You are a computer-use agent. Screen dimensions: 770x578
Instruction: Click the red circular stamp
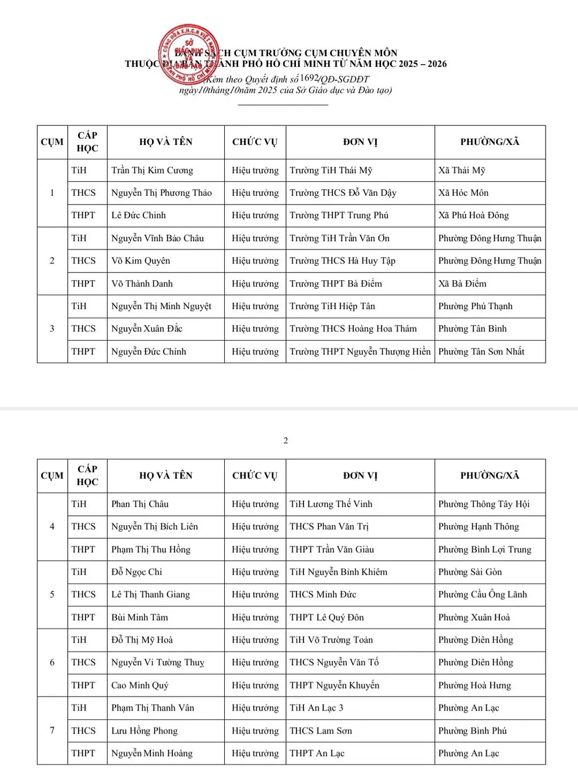(189, 55)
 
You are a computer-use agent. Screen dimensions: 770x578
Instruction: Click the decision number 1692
(309, 78)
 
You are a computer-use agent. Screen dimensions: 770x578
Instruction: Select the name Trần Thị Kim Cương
(152, 170)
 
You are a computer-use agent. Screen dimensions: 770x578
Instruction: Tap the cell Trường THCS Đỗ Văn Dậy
(343, 193)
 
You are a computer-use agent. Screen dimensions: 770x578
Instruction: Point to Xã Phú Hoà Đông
(473, 215)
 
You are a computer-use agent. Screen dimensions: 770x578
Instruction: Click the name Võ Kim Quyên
(140, 261)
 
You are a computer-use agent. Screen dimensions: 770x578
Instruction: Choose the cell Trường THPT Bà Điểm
(336, 284)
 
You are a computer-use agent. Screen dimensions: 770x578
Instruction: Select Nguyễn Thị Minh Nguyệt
(161, 306)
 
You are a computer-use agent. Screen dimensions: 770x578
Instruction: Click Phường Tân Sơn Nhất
(481, 352)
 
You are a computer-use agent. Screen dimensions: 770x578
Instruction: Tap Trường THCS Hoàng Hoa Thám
(353, 329)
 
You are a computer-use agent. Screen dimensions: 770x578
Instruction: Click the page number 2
(286, 441)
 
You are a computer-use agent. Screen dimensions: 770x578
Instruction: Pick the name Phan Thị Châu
(140, 504)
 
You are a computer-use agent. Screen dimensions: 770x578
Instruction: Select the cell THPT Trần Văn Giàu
(332, 550)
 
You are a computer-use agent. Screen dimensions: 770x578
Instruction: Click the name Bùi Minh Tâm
(139, 618)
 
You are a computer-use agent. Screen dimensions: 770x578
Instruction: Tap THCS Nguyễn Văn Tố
(334, 663)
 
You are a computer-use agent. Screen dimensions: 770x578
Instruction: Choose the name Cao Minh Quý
(140, 686)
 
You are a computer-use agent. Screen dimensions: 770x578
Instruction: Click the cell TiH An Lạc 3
(316, 708)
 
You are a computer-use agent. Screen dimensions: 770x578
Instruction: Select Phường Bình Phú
(472, 731)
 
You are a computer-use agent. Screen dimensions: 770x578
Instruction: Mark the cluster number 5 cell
(52, 594)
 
